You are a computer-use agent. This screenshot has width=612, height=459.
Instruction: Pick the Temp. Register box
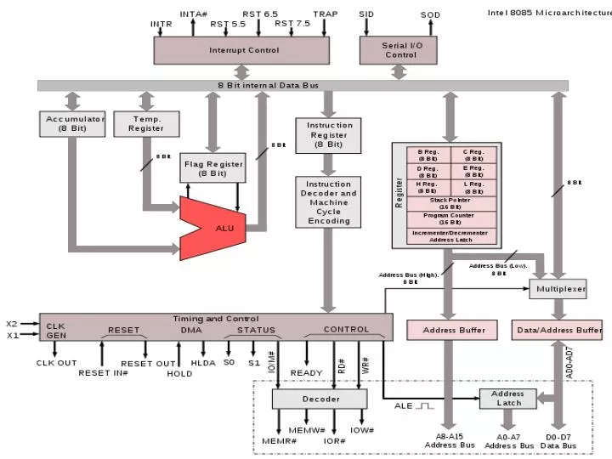(x=146, y=123)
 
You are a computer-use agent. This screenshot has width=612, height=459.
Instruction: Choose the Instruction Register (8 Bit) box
(x=328, y=135)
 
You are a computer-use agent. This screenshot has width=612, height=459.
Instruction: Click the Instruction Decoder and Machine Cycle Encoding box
(x=328, y=202)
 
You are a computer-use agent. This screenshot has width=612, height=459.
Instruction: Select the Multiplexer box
(x=558, y=290)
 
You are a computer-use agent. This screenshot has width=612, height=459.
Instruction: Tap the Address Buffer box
(x=451, y=330)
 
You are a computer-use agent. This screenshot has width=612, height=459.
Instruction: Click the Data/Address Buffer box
(x=558, y=330)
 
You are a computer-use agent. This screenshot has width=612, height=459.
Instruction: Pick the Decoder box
(x=320, y=399)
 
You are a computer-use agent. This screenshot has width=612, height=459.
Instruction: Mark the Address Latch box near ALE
(x=507, y=399)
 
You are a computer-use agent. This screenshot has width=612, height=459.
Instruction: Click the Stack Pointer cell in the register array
(x=450, y=203)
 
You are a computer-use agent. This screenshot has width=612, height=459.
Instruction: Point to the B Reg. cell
(x=428, y=155)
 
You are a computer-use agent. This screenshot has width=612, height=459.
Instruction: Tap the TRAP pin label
(x=325, y=14)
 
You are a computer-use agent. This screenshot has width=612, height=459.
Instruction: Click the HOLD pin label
(x=179, y=373)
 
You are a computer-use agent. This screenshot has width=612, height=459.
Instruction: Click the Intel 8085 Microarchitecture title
(x=548, y=13)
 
